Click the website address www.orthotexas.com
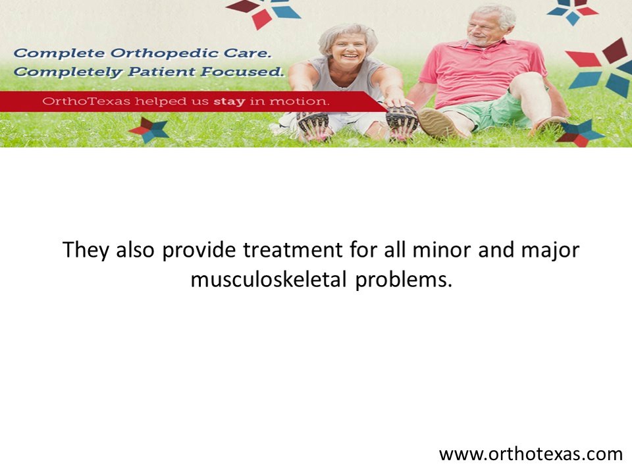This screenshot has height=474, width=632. (x=530, y=454)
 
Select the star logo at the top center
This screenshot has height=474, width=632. (x=262, y=12)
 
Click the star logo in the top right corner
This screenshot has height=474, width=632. (x=571, y=11)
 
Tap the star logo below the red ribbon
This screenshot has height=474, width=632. (x=149, y=130)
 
